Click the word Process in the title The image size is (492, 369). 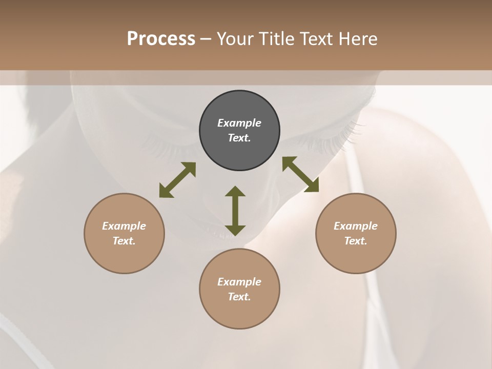(x=161, y=39)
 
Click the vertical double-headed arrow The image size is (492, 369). (x=235, y=211)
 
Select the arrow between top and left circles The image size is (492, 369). (x=177, y=180)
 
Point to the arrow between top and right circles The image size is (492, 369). (x=300, y=174)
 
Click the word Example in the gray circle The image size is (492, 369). (x=239, y=123)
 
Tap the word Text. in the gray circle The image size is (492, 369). (x=239, y=138)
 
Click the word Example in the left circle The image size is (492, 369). (x=124, y=226)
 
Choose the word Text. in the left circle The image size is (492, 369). (x=124, y=241)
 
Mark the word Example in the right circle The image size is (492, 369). (x=356, y=226)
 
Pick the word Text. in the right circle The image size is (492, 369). (x=356, y=241)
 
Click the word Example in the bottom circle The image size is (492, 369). (x=239, y=282)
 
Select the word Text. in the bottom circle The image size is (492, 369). (x=239, y=297)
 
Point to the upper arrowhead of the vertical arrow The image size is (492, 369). (x=235, y=192)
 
